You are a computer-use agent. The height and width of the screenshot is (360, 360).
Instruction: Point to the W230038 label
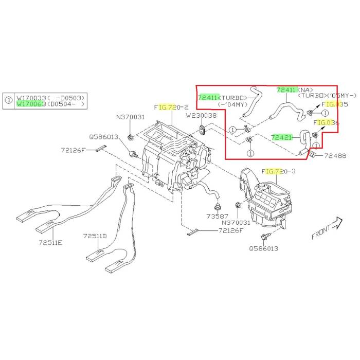pyautogui.click(x=202, y=115)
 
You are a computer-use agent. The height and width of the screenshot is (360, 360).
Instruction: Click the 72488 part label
pyautogui.click(x=336, y=155)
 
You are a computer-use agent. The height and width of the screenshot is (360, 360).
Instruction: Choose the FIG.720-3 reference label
pyautogui.click(x=279, y=171)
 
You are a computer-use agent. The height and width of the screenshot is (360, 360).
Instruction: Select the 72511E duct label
pyautogui.click(x=50, y=242)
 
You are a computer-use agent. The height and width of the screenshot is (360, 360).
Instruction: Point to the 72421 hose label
pyautogui.click(x=282, y=137)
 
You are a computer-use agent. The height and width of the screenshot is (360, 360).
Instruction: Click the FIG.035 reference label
pyautogui.click(x=335, y=104)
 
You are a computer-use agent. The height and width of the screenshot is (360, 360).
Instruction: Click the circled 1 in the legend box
pyautogui.click(x=9, y=100)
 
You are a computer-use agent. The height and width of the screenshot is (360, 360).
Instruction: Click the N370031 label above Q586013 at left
pyautogui.click(x=130, y=117)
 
